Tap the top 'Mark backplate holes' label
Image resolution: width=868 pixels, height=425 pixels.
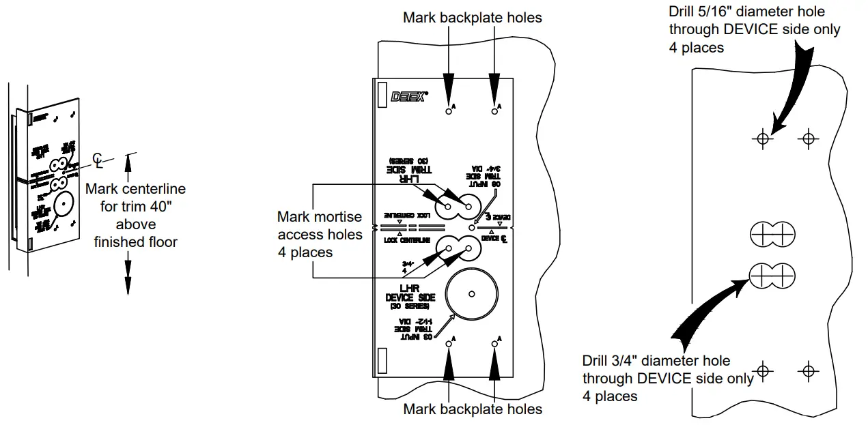[473, 17]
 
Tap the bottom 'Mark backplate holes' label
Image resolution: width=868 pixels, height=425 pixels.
[473, 409]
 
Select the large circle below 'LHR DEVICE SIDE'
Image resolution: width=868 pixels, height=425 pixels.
[471, 295]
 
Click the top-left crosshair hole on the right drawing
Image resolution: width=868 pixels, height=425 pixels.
[763, 139]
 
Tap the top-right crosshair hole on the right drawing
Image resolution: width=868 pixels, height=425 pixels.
[809, 139]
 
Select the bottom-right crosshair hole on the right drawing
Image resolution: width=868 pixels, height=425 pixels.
[809, 371]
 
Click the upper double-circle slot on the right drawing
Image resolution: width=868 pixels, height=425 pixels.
[772, 235]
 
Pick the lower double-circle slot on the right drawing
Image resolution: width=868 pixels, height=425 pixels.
[772, 276]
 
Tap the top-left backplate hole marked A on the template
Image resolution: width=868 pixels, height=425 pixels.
[448, 111]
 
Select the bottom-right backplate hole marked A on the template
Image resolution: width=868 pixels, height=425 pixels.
[494, 344]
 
